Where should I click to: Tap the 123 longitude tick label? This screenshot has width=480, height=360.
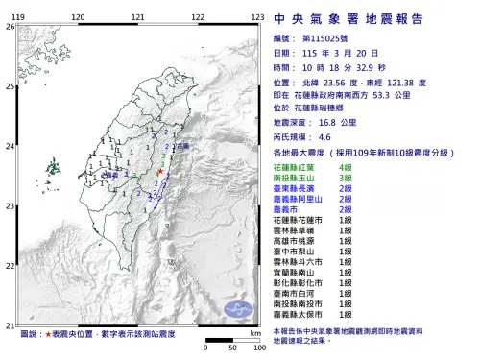click(x=258, y=18)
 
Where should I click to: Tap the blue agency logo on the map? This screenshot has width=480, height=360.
click(x=236, y=310)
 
